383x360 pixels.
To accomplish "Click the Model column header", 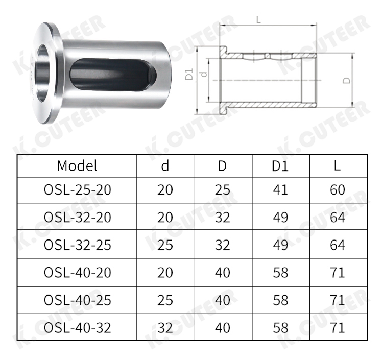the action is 77,166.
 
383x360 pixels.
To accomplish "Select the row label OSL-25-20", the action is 78,189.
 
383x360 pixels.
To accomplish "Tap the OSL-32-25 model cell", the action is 78,245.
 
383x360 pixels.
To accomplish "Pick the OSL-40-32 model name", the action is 78,328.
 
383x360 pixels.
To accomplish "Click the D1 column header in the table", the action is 280,166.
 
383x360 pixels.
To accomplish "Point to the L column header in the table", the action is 337,166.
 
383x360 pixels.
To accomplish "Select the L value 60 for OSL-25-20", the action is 338,189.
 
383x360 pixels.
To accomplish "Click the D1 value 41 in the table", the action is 280,189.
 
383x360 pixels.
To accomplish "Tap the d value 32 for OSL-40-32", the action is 165,328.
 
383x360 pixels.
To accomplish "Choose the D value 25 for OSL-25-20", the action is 223,189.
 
